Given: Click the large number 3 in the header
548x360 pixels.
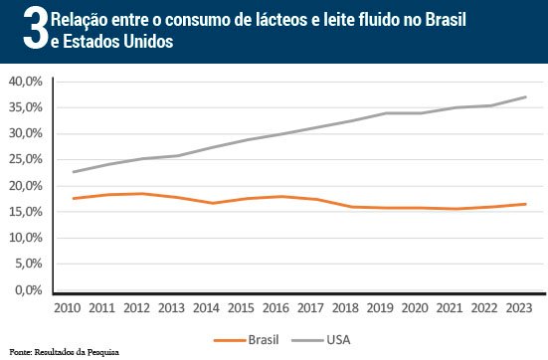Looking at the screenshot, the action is (36, 29).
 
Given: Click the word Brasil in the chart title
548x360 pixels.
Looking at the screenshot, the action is (446, 19).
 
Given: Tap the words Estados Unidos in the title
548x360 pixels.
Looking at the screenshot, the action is (117, 42).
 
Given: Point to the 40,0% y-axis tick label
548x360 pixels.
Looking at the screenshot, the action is (26, 82).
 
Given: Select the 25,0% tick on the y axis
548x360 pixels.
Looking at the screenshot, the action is (26, 159).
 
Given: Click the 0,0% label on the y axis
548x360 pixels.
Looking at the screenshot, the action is (29, 289).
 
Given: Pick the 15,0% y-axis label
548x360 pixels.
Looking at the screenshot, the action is (26, 212).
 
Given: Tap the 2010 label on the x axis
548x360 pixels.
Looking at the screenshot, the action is (67, 308).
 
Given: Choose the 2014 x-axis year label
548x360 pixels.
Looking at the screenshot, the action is (206, 308).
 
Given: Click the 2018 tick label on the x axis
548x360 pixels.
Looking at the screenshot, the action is (345, 308).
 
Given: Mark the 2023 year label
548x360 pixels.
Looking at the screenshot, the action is (519, 308).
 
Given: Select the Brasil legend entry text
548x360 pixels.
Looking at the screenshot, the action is (264, 340).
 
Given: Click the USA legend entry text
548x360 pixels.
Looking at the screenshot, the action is (338, 340).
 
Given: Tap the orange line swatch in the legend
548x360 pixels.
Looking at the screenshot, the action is (230, 340).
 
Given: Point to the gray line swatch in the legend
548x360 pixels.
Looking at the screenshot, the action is (307, 340).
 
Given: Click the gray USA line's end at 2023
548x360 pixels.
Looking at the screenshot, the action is (526, 96).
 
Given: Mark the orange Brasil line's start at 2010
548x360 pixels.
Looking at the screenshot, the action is (74, 199).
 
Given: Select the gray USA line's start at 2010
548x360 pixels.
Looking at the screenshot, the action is (74, 172).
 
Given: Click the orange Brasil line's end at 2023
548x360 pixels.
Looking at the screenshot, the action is (526, 204).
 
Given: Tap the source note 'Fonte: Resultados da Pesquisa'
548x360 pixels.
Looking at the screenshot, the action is (65, 352).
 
